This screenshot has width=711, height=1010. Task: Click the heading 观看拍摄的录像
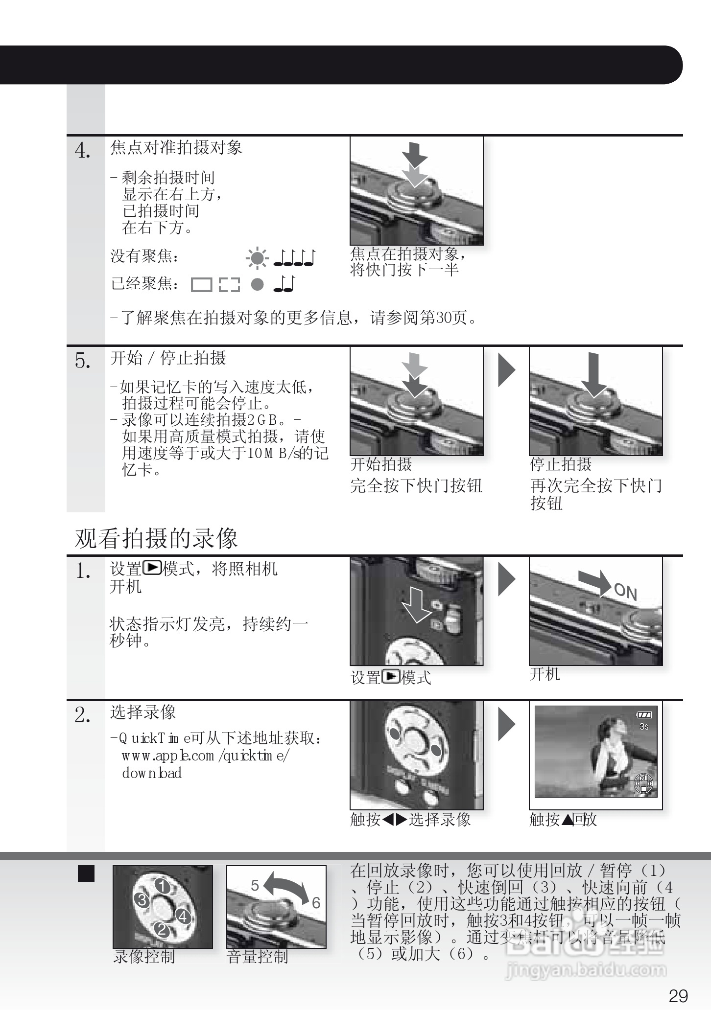[156, 538]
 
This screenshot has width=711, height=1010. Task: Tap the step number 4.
[83, 150]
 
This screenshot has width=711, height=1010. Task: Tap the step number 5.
[83, 361]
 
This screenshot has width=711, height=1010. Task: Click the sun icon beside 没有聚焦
[257, 258]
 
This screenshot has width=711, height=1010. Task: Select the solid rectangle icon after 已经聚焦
[201, 285]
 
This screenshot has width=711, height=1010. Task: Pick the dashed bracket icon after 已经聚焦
[229, 285]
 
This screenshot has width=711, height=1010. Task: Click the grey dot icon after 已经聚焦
[257, 284]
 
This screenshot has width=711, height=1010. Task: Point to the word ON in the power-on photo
[625, 592]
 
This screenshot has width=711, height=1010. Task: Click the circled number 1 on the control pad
[163, 886]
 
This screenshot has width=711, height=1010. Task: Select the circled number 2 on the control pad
[163, 930]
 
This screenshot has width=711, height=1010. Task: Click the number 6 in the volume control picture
[316, 903]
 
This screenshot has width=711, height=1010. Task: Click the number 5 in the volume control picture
[255, 885]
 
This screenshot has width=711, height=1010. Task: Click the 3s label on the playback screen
[643, 727]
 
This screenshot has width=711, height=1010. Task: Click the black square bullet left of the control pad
[86, 873]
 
